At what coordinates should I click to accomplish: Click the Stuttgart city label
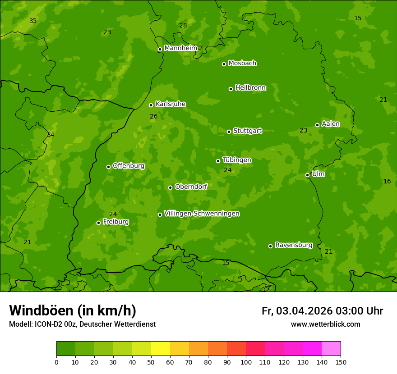coord(247,131)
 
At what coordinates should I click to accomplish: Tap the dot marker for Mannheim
coord(160,50)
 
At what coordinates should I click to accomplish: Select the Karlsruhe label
coord(171,104)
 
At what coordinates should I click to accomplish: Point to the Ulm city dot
coord(308,175)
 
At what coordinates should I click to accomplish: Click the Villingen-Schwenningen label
coord(202,214)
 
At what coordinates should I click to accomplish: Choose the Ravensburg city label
coord(294,245)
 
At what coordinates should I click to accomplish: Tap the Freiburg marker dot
coord(98,223)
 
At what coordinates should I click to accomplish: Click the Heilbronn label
coord(250,88)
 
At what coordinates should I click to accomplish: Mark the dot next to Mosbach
coord(224,64)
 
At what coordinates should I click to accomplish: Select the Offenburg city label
coord(129,166)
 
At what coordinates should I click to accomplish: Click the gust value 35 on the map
coord(33,21)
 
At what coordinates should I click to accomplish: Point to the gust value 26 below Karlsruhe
coord(154,116)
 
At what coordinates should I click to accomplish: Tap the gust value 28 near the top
coord(183,25)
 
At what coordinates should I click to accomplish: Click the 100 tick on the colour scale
coord(246,362)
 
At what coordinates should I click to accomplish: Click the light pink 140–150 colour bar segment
coord(331,349)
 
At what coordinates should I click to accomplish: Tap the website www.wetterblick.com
coord(325,324)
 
